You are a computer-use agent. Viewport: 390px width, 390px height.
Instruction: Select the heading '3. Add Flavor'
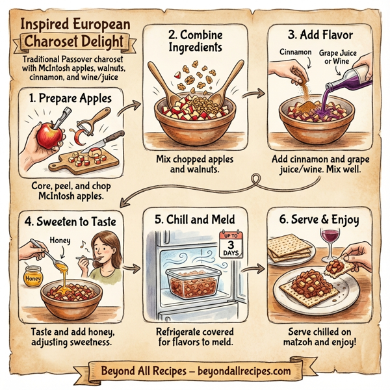318,31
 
